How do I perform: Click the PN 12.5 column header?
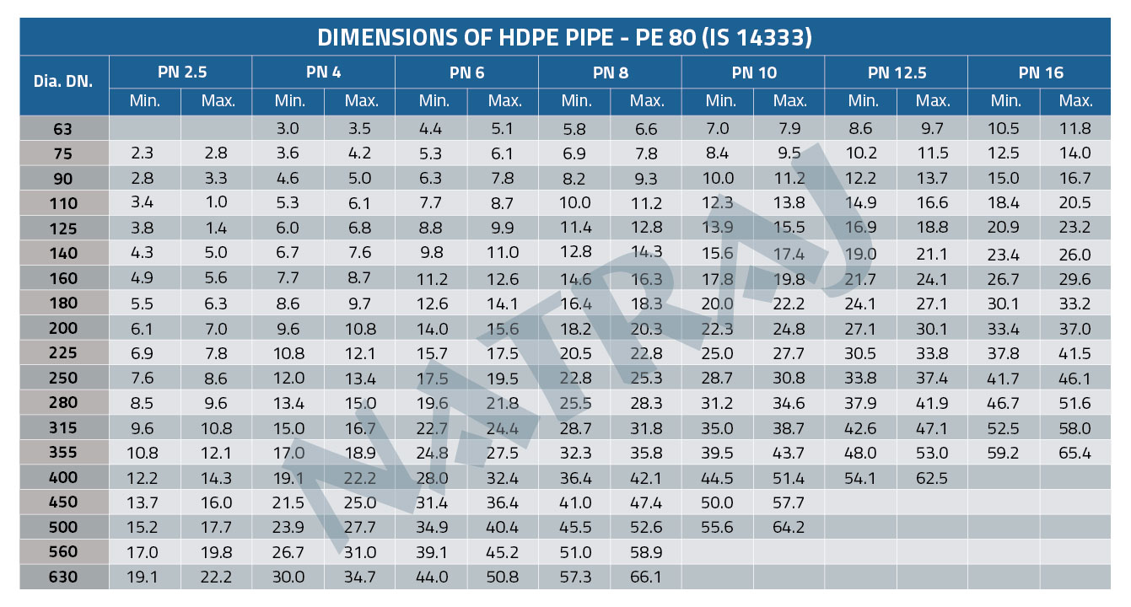(x=896, y=73)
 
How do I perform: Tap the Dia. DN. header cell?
(x=63, y=82)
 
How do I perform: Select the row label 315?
(x=63, y=428)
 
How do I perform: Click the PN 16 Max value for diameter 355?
(x=1075, y=454)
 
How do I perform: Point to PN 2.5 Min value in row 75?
(x=144, y=153)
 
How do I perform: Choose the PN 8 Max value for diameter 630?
(x=647, y=577)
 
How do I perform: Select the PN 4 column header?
(x=324, y=73)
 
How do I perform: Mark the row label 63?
(x=63, y=129)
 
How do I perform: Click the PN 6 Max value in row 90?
(x=504, y=179)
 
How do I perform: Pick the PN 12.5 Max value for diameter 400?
(x=932, y=478)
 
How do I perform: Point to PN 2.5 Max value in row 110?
(x=215, y=203)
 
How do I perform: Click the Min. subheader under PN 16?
(x=1005, y=101)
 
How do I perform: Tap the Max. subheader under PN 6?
(x=504, y=101)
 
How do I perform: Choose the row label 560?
(x=63, y=552)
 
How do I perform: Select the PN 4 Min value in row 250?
(x=288, y=379)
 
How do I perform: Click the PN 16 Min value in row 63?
(x=1004, y=129)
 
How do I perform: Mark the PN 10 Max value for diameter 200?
(x=789, y=329)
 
